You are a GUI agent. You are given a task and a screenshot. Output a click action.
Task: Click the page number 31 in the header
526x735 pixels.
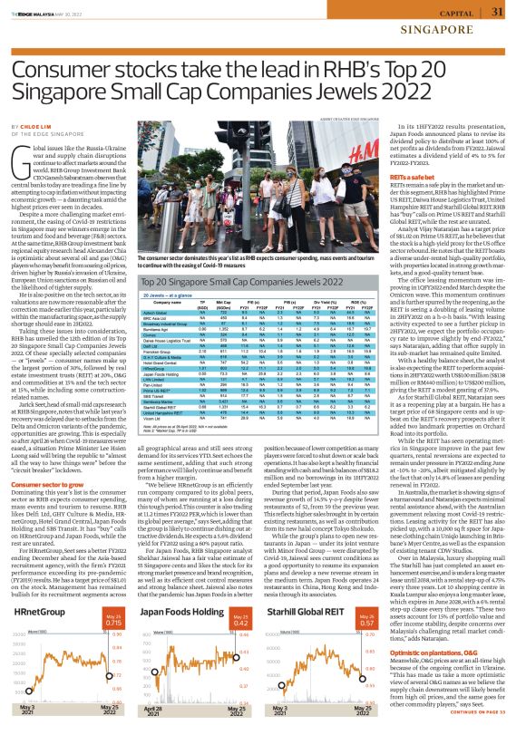(x=496, y=12)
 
